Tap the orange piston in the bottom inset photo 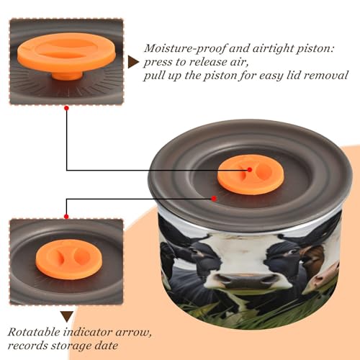(x=69, y=259)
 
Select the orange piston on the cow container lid (x=251, y=174)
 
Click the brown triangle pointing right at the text (x=133, y=63)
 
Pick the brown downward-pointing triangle (x=67, y=317)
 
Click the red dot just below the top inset (x=67, y=109)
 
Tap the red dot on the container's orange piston (x=250, y=170)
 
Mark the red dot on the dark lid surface (x=214, y=199)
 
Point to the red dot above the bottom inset (x=66, y=217)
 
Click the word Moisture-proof (x=185, y=49)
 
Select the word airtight (x=272, y=49)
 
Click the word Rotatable (x=34, y=333)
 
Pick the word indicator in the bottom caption (x=88, y=333)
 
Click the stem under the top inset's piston (x=67, y=76)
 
